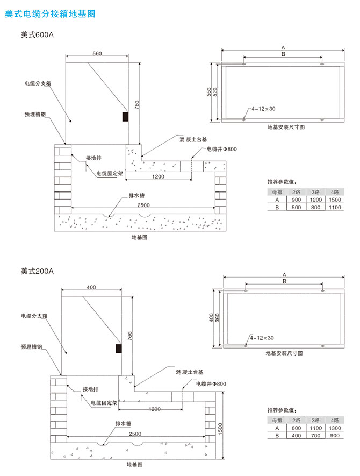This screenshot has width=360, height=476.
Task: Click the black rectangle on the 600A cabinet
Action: tap(125, 116)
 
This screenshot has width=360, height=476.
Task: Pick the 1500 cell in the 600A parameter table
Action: tap(335, 200)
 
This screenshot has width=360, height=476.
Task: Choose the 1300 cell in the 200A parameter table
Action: tap(335, 428)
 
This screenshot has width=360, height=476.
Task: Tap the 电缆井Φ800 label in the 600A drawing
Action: tap(221, 149)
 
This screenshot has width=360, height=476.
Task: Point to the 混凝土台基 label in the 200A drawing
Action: tap(190, 372)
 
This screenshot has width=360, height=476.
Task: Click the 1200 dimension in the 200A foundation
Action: tap(155, 409)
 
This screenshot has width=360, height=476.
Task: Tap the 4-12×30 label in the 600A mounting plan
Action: tap(263, 109)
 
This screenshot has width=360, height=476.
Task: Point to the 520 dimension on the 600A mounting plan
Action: tap(215, 92)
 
